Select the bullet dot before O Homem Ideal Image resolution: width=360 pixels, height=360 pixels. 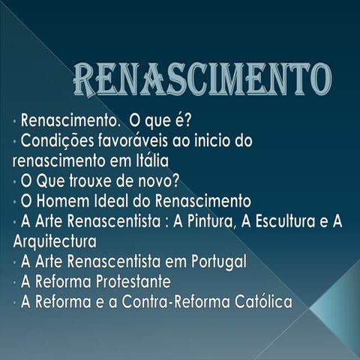pyautogui.click(x=15, y=202)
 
